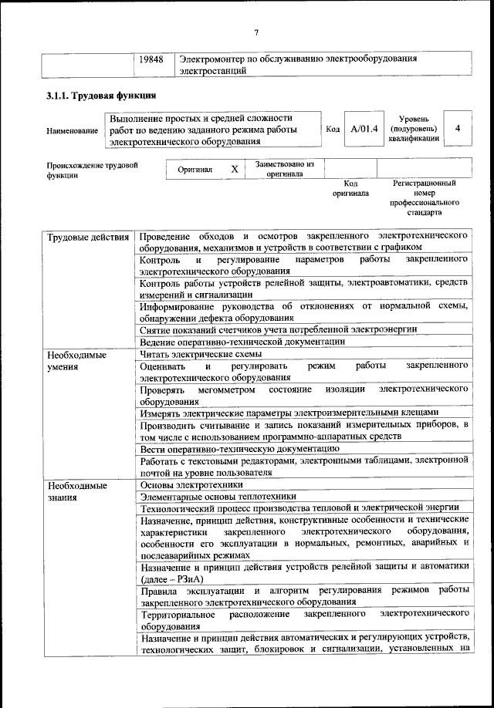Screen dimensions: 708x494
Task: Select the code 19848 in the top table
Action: (x=151, y=59)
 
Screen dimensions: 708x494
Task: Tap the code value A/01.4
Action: (x=364, y=129)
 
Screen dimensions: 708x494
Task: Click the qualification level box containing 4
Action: (x=458, y=129)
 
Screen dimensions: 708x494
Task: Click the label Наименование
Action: (x=72, y=130)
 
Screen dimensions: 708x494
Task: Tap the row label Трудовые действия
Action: (x=87, y=234)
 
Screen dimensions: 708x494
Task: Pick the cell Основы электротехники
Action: (x=191, y=485)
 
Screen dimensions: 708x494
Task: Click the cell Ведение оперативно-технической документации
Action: (x=242, y=342)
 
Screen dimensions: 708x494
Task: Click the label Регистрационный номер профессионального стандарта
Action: (x=425, y=197)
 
